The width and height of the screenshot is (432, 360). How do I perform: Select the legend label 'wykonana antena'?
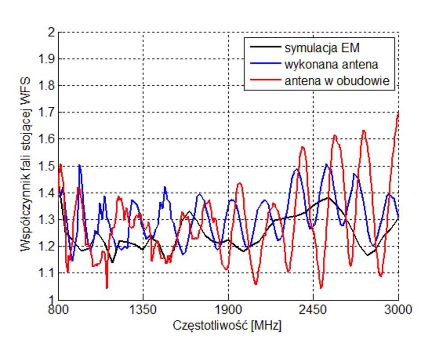[x=331, y=64]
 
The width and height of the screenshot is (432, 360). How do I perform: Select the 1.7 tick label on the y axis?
[x=45, y=112]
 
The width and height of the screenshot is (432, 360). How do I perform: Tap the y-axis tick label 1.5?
[x=45, y=166]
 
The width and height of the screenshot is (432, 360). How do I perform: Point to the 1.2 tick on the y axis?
[x=45, y=246]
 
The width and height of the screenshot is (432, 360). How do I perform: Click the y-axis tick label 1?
[x=50, y=300]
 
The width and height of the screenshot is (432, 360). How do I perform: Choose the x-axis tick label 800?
[x=58, y=310]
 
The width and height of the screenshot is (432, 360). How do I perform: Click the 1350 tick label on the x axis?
[x=143, y=310]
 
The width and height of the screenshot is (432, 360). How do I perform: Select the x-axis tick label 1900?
[x=228, y=310]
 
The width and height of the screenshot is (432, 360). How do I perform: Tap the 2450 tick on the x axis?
[x=313, y=310]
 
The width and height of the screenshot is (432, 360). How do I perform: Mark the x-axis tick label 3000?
[x=398, y=310]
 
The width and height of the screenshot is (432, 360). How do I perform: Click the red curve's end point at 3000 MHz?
[x=398, y=113]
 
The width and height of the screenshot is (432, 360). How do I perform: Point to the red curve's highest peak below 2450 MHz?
[x=302, y=147]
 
